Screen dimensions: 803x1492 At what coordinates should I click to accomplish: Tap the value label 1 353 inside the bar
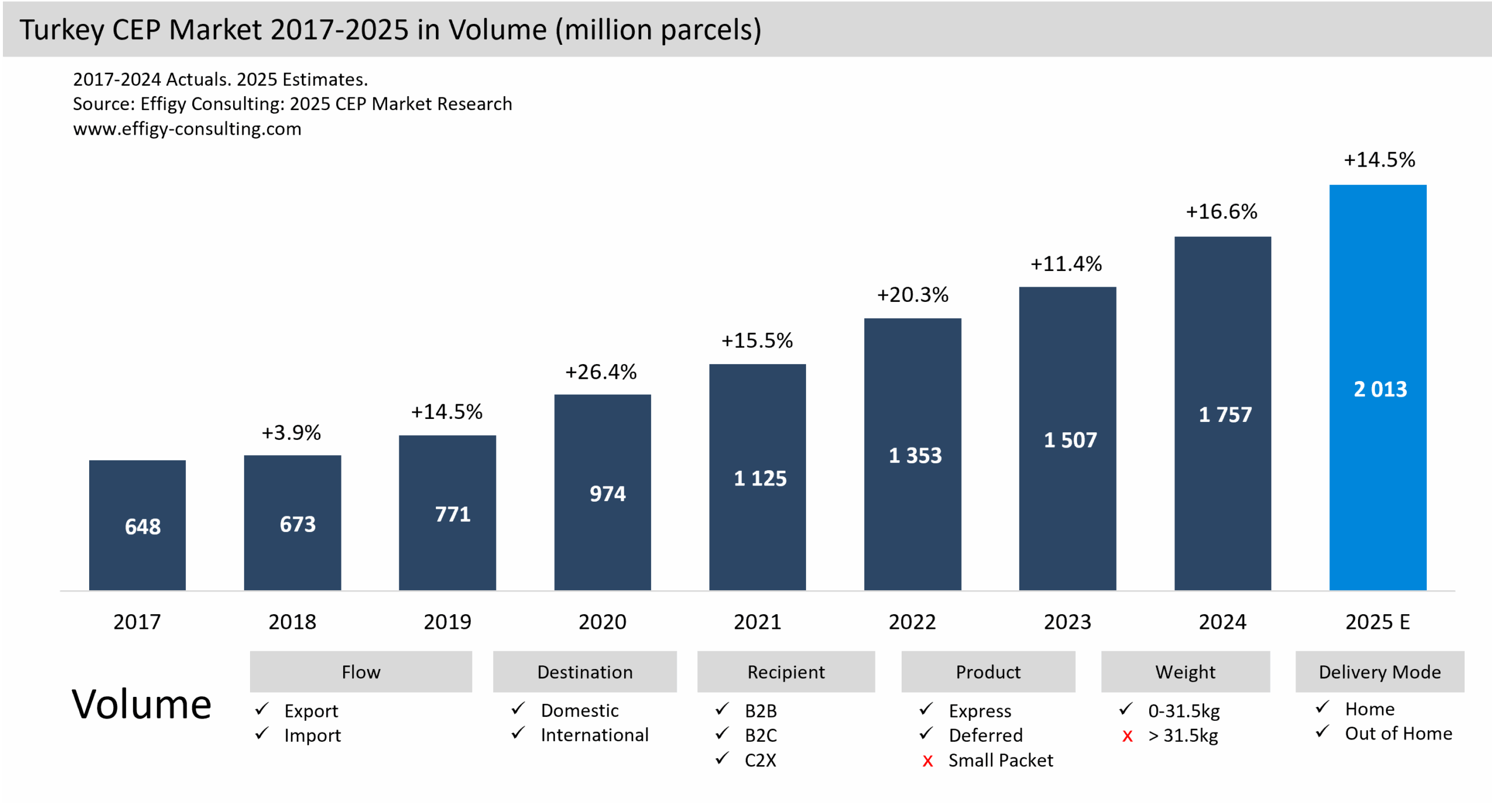pos(914,455)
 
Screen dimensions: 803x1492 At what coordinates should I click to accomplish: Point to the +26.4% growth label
pos(601,372)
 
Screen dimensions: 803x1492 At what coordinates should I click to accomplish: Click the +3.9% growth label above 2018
pos(291,432)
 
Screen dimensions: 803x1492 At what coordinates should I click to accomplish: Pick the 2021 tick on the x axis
pos(757,622)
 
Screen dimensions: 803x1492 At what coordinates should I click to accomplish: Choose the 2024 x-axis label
pos(1222,622)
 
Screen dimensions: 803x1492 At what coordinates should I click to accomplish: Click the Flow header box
pos(361,672)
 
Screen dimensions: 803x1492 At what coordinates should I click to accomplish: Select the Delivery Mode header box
pos(1380,672)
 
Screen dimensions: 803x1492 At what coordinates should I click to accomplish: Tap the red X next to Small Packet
pos(927,761)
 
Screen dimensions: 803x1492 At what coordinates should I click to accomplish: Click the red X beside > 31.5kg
pos(1127,737)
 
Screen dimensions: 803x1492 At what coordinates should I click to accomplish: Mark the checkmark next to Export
pos(262,709)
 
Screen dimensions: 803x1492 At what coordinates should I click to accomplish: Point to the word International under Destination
pos(594,735)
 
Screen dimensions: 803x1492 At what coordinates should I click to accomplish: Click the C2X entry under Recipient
pos(760,760)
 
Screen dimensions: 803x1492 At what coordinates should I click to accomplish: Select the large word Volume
pos(141,704)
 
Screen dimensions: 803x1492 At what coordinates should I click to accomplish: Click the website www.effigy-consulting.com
pos(187,128)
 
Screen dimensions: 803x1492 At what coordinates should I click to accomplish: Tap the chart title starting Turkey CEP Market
pos(390,29)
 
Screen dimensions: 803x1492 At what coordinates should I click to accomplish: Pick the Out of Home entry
pos(1398,734)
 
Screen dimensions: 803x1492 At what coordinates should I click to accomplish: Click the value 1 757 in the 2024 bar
pos(1224,414)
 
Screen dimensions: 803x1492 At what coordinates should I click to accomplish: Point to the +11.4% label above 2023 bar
pos(1066,264)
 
